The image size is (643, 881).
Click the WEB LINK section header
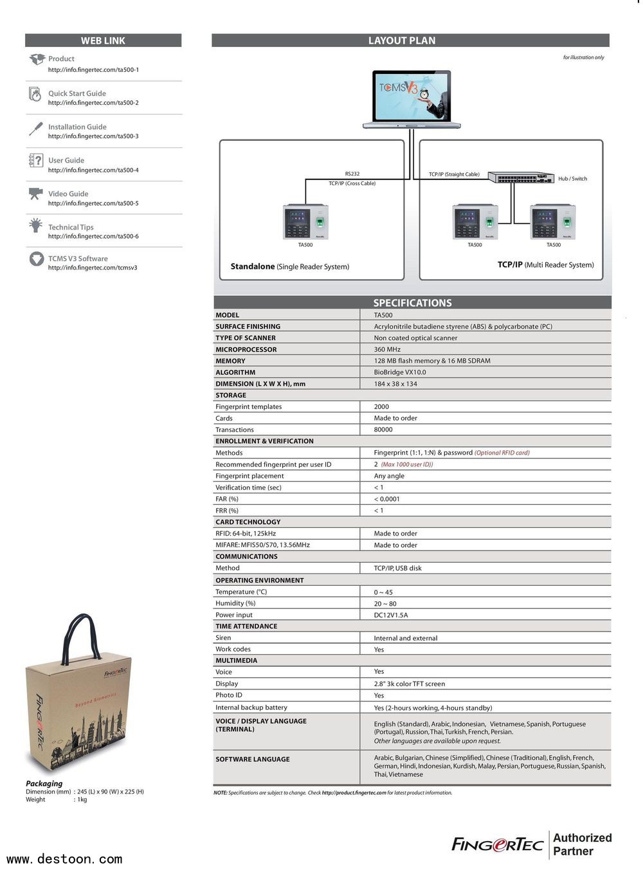[103, 41]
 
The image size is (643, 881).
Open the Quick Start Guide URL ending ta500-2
[93, 103]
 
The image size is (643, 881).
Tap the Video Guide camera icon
[35, 194]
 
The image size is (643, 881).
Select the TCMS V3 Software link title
[78, 259]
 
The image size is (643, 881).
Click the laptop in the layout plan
[412, 100]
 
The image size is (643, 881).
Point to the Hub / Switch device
[520, 178]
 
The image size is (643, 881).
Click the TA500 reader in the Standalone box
[305, 222]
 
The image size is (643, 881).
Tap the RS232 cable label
[352, 174]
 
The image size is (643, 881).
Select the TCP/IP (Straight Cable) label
[454, 174]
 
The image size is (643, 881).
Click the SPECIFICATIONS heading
[412, 303]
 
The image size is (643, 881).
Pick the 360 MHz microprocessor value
[387, 349]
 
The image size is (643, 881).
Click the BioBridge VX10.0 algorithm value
[400, 372]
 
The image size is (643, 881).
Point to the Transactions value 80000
[383, 430]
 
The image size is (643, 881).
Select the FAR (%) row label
[227, 499]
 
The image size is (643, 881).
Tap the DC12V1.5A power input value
[391, 615]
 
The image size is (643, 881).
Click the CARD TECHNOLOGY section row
[248, 522]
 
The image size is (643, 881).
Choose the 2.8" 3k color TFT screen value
[410, 684]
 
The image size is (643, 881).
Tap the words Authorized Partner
[582, 844]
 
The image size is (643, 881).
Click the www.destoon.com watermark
[64, 859]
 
